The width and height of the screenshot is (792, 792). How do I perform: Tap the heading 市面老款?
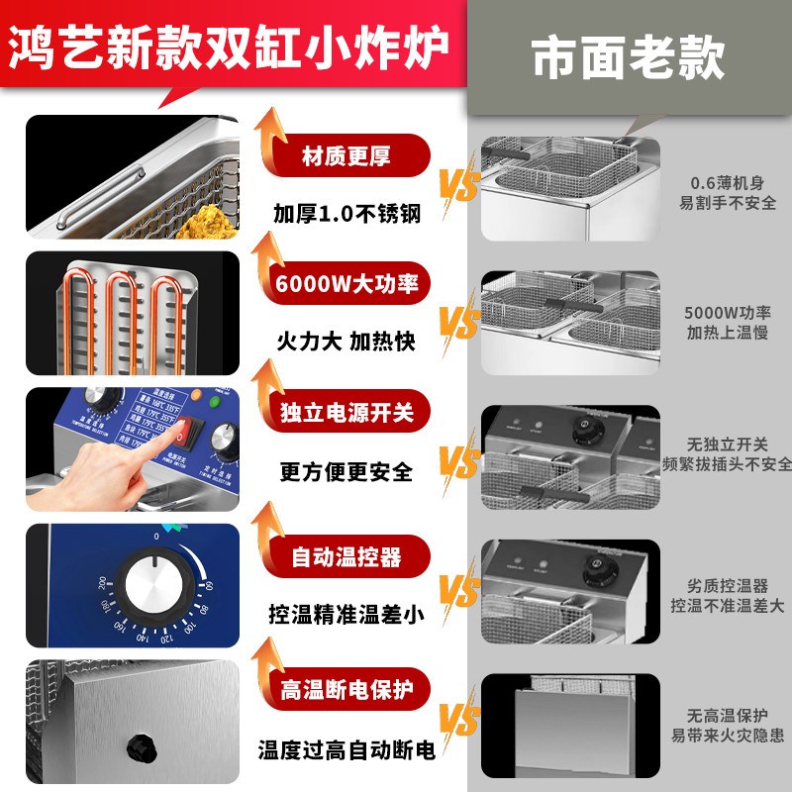(x=628, y=58)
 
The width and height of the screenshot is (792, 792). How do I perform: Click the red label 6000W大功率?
(x=346, y=284)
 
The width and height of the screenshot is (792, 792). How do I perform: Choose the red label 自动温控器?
(x=346, y=556)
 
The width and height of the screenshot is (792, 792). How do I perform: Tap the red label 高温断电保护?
(x=346, y=684)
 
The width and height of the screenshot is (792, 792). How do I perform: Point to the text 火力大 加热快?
(x=345, y=342)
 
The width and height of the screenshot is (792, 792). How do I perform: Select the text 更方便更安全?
(x=346, y=470)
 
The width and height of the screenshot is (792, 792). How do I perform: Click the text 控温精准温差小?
(x=346, y=614)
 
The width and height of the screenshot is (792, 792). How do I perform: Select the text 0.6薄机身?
(x=727, y=183)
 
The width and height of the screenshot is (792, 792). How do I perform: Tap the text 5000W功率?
(x=728, y=312)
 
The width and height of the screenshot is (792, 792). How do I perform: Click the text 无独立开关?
(x=728, y=445)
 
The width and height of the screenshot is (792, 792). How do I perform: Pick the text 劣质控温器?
(x=728, y=585)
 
